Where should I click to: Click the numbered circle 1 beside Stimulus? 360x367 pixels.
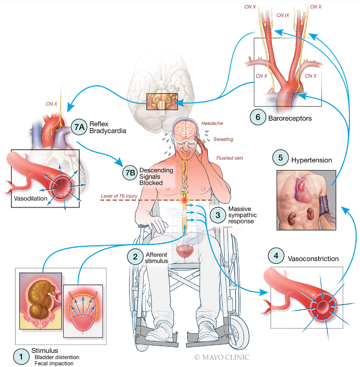(x=21, y=356)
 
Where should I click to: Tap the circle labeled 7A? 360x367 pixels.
(x=79, y=127)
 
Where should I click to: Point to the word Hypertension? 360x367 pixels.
(x=311, y=160)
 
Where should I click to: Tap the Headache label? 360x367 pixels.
(x=211, y=124)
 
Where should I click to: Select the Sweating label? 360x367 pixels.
(x=223, y=139)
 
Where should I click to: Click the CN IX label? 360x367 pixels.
(x=283, y=15)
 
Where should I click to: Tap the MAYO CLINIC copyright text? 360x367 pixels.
(x=222, y=357)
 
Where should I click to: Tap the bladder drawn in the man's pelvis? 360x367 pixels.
(x=187, y=251)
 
